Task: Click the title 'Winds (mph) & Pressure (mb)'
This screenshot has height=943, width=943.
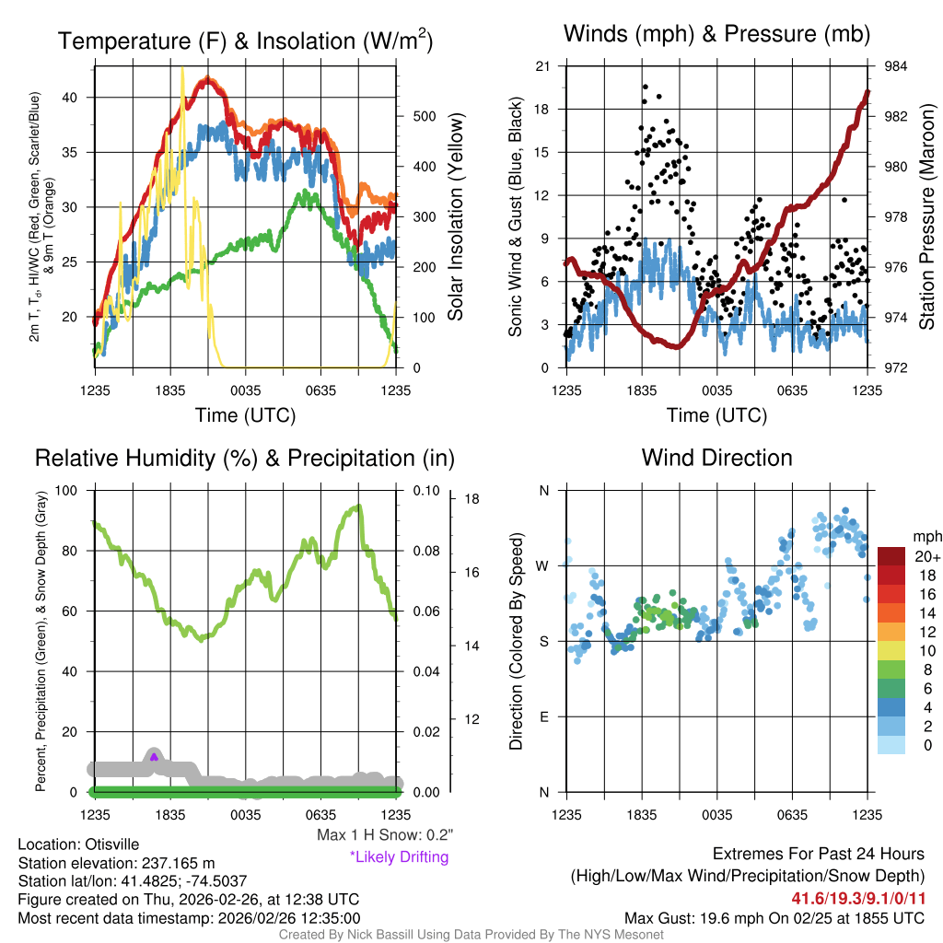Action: pyautogui.click(x=716, y=35)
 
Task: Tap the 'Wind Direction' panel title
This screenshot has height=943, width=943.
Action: pyautogui.click(x=716, y=458)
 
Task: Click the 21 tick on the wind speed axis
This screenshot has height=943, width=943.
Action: pyautogui.click(x=543, y=66)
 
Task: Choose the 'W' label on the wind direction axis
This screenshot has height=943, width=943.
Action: pyautogui.click(x=544, y=565)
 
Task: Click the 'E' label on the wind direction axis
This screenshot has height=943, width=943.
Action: pyautogui.click(x=544, y=716)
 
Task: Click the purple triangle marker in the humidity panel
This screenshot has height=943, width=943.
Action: pyautogui.click(x=154, y=757)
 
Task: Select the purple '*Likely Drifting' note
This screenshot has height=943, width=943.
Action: pyautogui.click(x=399, y=856)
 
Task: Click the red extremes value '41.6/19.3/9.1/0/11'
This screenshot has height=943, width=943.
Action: pyautogui.click(x=857, y=897)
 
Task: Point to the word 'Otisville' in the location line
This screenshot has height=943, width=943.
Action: pyautogui.click(x=115, y=844)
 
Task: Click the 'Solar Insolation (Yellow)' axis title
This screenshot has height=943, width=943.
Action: pyautogui.click(x=455, y=217)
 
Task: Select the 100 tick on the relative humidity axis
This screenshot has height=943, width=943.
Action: pyautogui.click(x=77, y=490)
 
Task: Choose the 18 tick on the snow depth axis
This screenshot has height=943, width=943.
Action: pyautogui.click(x=472, y=499)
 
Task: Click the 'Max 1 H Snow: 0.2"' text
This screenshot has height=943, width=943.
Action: pyautogui.click(x=385, y=835)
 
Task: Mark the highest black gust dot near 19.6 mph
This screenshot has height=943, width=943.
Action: pyautogui.click(x=646, y=87)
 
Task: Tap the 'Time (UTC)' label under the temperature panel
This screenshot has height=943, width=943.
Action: pyautogui.click(x=245, y=415)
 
